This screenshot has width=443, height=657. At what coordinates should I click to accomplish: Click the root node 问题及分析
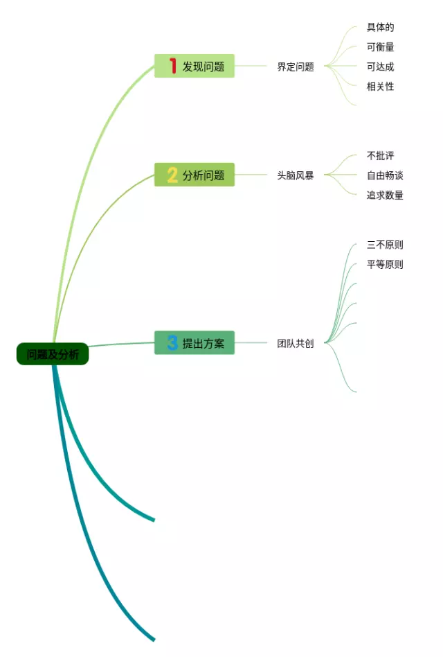(53, 354)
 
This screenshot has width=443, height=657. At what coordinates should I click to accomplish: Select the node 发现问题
(195, 67)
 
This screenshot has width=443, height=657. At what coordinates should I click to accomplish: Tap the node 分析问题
(195, 175)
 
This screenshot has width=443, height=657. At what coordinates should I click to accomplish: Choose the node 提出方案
(195, 343)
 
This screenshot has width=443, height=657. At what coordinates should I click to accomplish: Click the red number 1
(172, 67)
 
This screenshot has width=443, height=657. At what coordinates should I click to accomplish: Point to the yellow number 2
(172, 175)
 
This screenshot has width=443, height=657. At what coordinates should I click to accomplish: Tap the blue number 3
(172, 342)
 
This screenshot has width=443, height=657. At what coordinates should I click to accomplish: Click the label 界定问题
(296, 67)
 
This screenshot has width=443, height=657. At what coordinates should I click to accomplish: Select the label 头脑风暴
(296, 175)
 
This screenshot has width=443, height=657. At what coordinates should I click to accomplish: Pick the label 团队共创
(296, 343)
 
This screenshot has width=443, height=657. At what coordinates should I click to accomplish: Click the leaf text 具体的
(381, 28)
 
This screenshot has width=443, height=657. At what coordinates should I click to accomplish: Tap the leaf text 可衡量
(381, 47)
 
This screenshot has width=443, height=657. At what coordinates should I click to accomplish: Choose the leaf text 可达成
(381, 67)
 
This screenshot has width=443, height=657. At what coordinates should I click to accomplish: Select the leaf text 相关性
(381, 87)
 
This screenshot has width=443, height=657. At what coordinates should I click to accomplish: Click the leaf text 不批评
(381, 156)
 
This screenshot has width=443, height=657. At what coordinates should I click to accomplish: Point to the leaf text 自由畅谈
(385, 175)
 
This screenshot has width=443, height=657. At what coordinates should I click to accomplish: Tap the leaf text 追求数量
(385, 195)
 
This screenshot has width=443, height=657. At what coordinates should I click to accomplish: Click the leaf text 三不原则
(385, 245)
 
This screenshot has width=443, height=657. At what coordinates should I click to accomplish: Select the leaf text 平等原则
(385, 264)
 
